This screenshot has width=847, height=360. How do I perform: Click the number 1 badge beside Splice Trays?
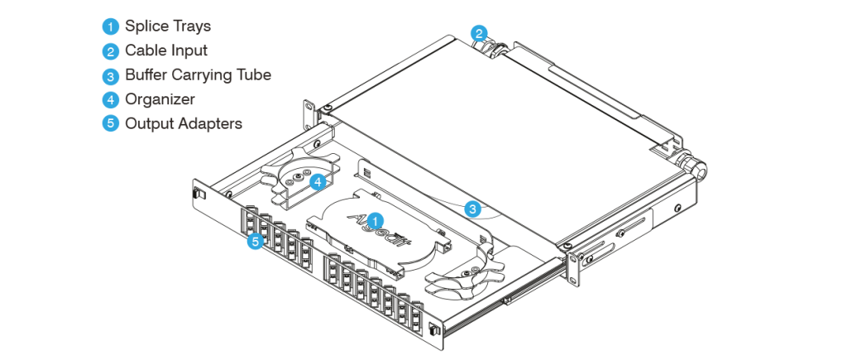(x=111, y=26)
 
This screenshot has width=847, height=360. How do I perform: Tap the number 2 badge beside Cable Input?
(x=111, y=50)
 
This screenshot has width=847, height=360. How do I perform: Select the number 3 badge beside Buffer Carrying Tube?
(x=111, y=75)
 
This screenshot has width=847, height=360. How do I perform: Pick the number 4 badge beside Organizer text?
(x=111, y=99)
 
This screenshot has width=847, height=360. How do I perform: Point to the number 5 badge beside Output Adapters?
(x=111, y=123)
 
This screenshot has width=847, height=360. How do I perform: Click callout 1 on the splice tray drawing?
(x=376, y=221)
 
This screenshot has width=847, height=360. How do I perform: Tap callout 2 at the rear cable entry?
(x=478, y=33)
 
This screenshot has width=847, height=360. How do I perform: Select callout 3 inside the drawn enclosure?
(x=471, y=209)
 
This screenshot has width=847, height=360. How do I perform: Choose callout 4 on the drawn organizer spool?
(x=317, y=181)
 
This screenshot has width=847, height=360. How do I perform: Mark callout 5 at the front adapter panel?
(x=256, y=242)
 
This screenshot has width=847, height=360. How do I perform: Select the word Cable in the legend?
(x=143, y=50)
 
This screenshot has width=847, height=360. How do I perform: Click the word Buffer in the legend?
(x=145, y=74)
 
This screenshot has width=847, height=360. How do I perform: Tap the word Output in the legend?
(x=146, y=123)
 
